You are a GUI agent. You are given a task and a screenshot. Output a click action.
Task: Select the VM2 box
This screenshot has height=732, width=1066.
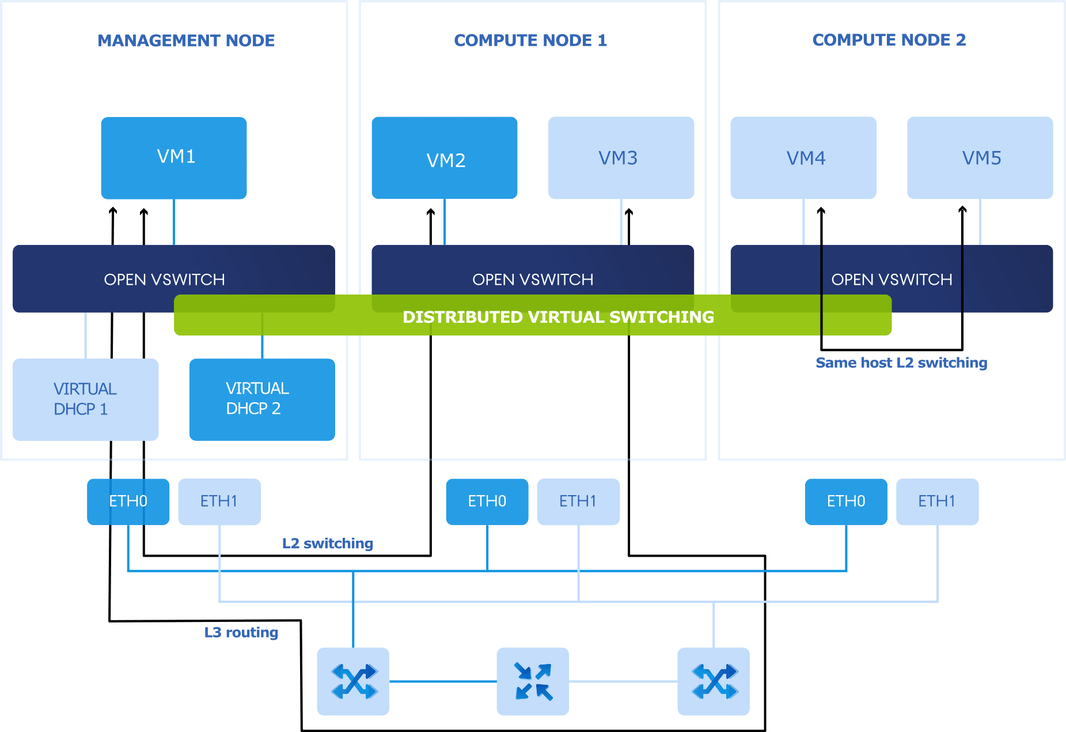tap(444, 158)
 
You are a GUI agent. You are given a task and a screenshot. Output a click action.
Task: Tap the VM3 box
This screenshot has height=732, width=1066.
tap(621, 158)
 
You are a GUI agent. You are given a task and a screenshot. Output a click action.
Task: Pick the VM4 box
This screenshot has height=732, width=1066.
tap(803, 158)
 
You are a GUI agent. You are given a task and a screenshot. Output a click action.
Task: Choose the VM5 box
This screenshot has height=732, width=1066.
tap(980, 158)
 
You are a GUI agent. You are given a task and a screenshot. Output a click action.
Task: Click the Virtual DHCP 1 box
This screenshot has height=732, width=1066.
tap(85, 399)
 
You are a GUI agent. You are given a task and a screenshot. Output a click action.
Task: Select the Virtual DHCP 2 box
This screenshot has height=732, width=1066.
tap(262, 399)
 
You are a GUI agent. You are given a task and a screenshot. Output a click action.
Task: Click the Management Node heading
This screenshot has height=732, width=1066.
tap(187, 40)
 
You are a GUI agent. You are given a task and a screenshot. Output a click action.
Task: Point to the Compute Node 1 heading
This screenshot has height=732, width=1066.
tap(530, 40)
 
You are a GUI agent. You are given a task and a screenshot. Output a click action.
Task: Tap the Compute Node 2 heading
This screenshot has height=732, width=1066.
tap(889, 40)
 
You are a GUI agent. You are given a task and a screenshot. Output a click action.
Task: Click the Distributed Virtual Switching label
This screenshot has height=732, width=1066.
tap(558, 317)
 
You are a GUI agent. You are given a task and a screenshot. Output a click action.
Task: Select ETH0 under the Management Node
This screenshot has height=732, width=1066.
tap(128, 501)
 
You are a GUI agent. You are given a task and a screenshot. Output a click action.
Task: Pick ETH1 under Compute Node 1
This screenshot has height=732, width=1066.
tap(578, 501)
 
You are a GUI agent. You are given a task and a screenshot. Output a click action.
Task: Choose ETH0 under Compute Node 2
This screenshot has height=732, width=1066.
tap(846, 501)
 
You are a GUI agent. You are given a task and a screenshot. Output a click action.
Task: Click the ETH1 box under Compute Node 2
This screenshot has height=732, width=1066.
tap(937, 501)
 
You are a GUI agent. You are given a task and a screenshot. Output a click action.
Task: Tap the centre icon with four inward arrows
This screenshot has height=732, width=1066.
tap(533, 681)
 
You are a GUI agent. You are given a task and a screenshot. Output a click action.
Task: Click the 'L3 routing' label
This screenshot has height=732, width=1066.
tap(241, 632)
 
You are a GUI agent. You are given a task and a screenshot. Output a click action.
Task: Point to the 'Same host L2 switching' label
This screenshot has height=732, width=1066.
tap(901, 363)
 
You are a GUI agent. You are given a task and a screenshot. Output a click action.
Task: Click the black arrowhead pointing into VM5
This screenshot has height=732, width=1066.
tap(962, 210)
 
